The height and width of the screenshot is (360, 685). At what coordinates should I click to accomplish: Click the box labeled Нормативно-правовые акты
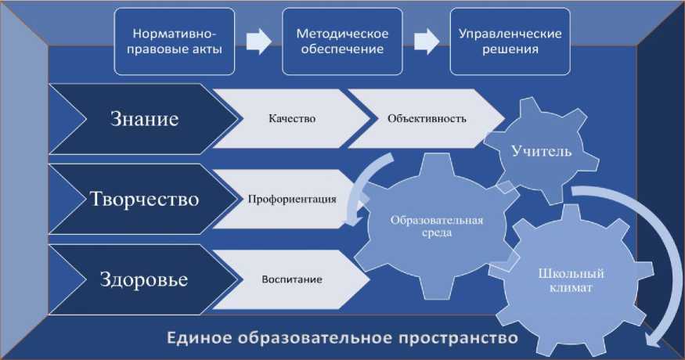coord(175,41)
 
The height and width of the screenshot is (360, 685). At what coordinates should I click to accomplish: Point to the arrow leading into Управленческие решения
coord(424,41)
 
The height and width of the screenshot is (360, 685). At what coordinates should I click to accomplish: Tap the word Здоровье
coord(145,279)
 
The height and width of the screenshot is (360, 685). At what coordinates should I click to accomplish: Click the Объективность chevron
coord(426,119)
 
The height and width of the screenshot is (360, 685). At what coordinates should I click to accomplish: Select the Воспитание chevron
coord(291,279)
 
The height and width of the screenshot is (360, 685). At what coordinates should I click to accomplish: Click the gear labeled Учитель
coord(543,149)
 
